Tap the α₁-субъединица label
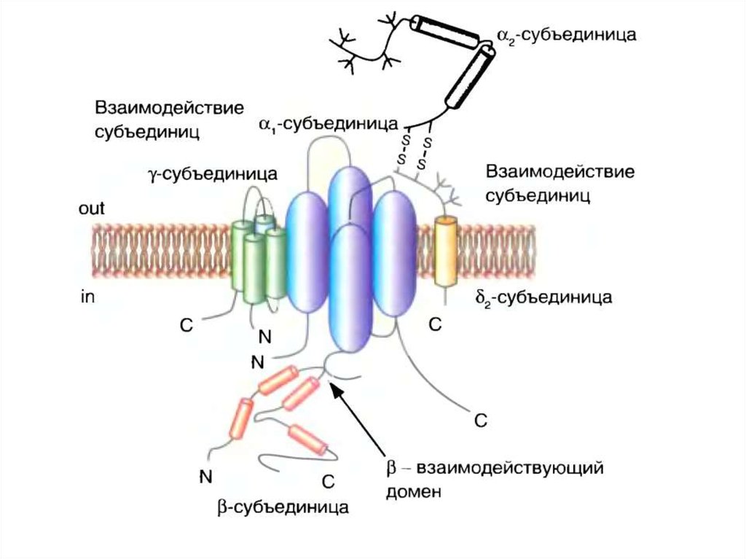326,124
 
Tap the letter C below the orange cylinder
435,327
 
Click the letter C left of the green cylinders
186,327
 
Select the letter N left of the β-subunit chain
205,477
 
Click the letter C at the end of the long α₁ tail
480,421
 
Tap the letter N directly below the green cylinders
265,337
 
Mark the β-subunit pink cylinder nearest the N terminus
239,421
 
